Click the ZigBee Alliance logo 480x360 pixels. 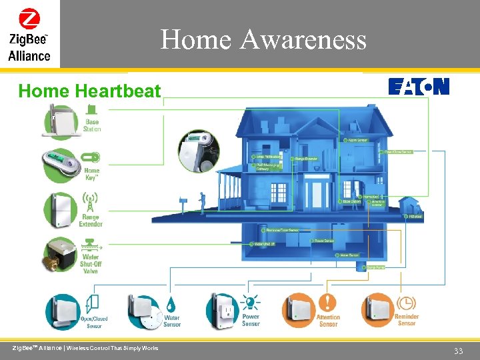click(29, 35)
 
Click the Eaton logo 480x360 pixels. click(419, 87)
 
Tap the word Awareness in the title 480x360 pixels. click(303, 40)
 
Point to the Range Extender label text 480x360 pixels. click(91, 221)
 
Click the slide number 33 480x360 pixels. click(458, 351)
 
